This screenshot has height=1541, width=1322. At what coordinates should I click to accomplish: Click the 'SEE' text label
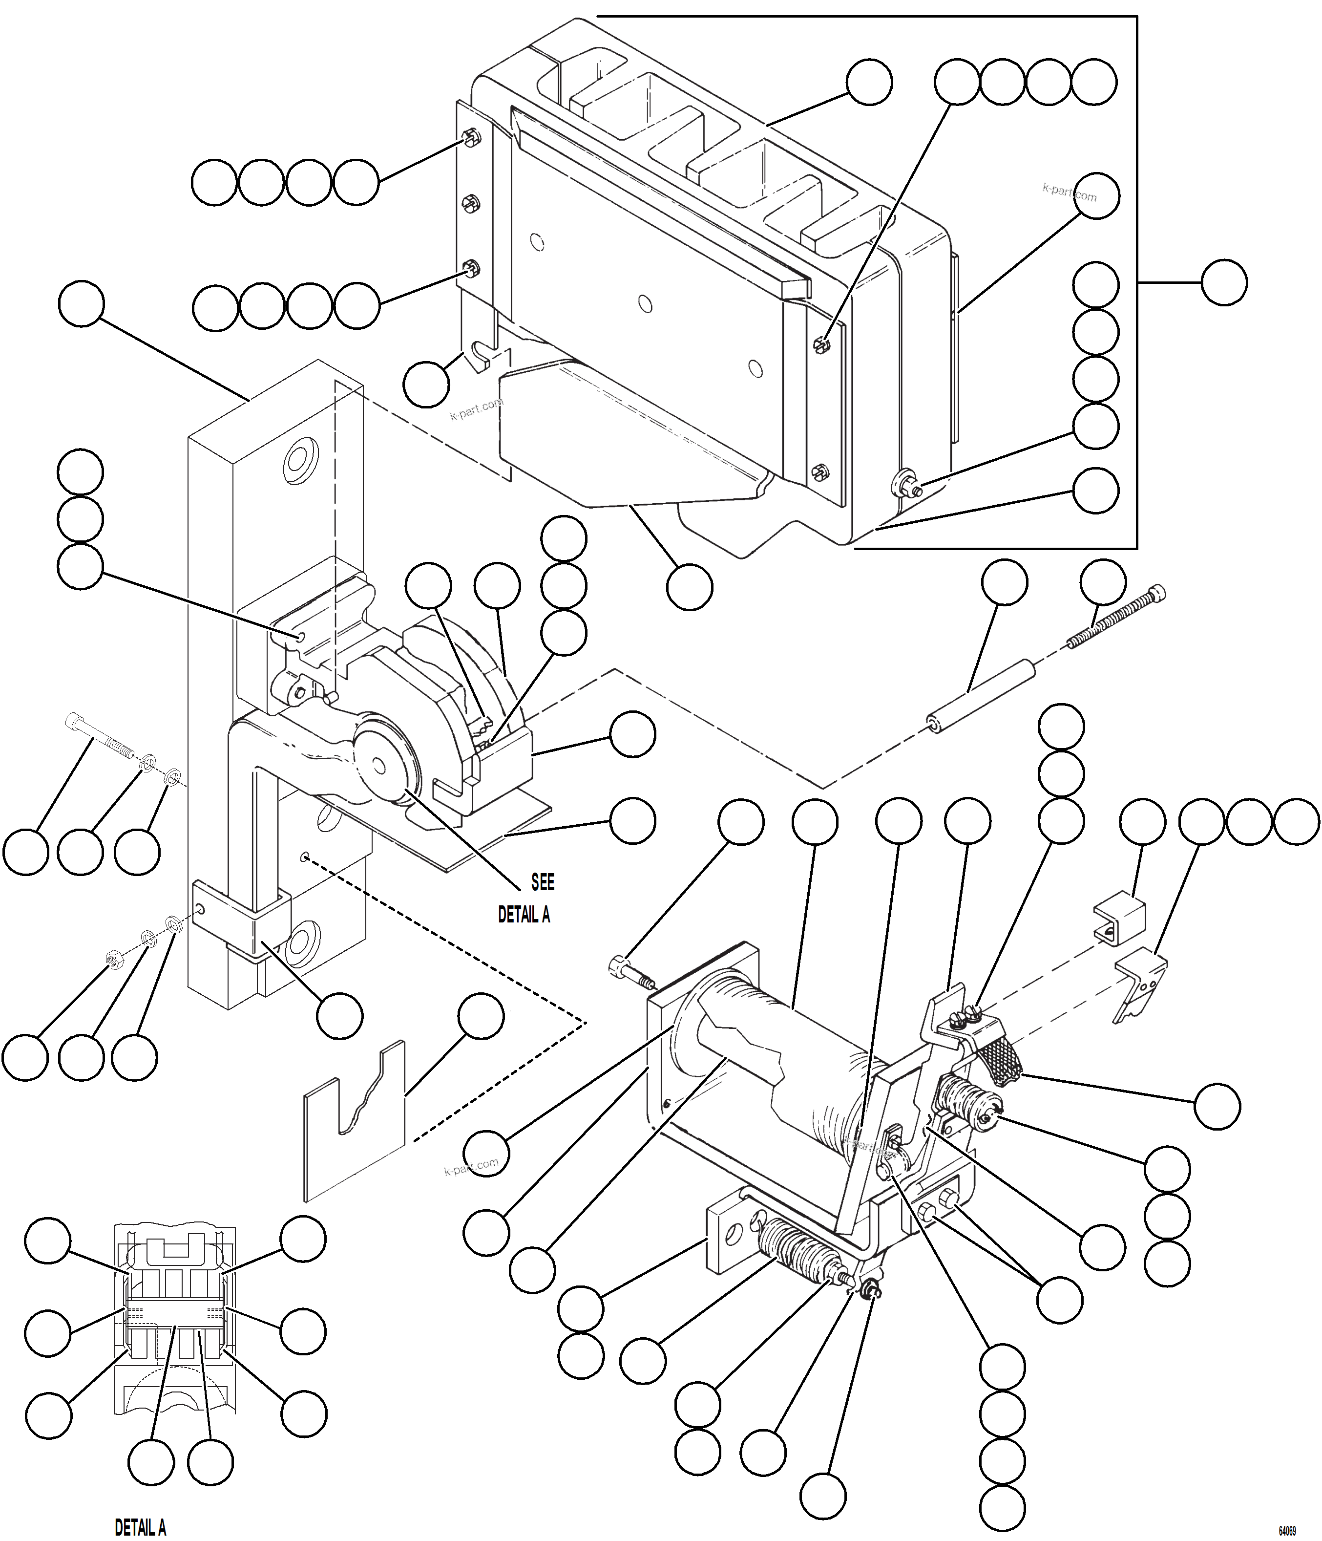(542, 883)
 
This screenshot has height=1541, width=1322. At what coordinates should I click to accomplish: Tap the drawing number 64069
(1286, 1531)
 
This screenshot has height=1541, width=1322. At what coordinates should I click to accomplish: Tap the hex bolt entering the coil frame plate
(629, 970)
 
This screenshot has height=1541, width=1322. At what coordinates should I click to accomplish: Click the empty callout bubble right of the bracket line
(1223, 282)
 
